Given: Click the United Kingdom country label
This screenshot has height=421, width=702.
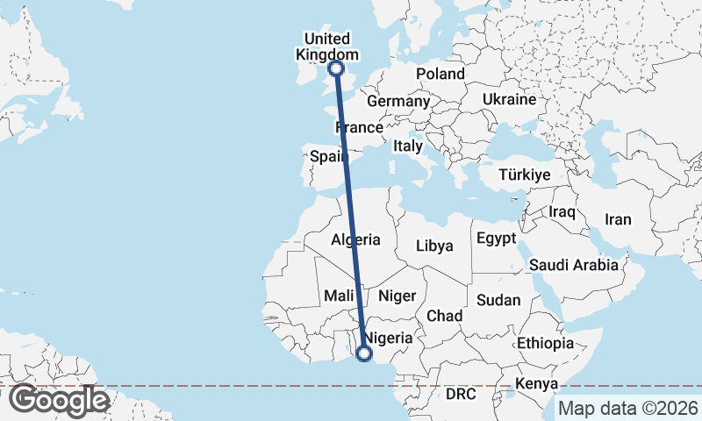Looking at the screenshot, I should tap(326, 46).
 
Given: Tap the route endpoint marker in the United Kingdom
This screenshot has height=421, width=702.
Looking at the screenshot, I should tap(335, 68).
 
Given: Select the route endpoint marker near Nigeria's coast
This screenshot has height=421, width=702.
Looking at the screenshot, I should tap(363, 353).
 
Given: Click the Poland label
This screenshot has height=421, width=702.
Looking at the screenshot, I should tap(440, 74).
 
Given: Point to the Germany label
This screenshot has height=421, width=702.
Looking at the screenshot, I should tap(398, 102).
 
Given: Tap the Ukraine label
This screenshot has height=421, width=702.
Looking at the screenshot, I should tap(509, 99).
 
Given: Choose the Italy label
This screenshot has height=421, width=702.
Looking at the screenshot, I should tap(408, 146).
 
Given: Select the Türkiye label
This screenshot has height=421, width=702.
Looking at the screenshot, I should tap(524, 175).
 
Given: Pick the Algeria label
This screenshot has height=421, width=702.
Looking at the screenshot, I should tap(355, 239).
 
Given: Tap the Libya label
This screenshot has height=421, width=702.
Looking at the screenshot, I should tap(434, 246).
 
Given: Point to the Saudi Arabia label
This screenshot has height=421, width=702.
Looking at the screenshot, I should tap(574, 264).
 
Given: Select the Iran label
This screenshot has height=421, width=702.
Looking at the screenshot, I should tap(618, 219).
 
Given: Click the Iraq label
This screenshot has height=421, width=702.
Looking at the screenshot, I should tap(561, 212).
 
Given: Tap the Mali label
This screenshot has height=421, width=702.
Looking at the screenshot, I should tap(338, 296).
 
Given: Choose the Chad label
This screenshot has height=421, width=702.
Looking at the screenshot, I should tap(444, 316).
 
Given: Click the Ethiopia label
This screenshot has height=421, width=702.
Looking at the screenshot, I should tap(545, 342).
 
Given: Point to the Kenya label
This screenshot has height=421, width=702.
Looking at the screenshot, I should tap(537, 383).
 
